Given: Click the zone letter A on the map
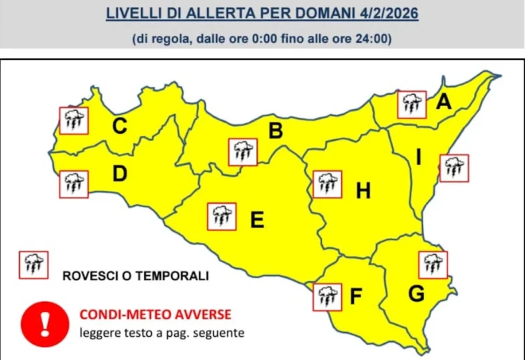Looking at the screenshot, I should pyautogui.click(x=443, y=102).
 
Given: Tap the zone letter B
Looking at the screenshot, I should pyautogui.click(x=276, y=130).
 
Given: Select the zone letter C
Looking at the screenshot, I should pyautogui.click(x=120, y=127).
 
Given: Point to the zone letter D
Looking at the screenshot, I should pyautogui.click(x=120, y=174).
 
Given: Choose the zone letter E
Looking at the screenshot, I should pyautogui.click(x=257, y=221).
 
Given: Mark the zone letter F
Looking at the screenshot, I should pyautogui.click(x=356, y=297).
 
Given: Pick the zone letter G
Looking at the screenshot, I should pyautogui.click(x=416, y=294).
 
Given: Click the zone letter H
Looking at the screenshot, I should pyautogui.click(x=363, y=190).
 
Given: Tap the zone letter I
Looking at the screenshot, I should pyautogui.click(x=419, y=158).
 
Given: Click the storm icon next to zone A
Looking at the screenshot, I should pyautogui.click(x=412, y=104).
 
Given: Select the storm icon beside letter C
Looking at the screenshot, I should pyautogui.click(x=73, y=120).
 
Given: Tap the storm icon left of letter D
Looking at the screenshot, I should pyautogui.click(x=73, y=184).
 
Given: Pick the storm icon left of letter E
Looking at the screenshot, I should pyautogui.click(x=221, y=216).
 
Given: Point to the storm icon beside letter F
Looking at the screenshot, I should pyautogui.click(x=327, y=296).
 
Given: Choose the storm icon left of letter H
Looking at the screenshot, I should pyautogui.click(x=327, y=184).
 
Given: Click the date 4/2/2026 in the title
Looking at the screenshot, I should pyautogui.click(x=386, y=14).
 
